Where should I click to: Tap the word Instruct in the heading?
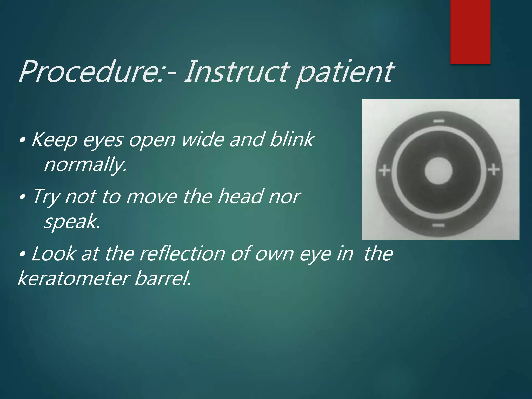click(236, 71)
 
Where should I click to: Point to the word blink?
click(292, 139)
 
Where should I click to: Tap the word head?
click(240, 196)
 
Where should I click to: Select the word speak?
click(72, 222)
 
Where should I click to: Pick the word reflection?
click(182, 254)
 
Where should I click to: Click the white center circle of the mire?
click(438, 171)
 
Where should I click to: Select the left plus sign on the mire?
click(384, 171)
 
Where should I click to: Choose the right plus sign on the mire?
click(494, 170)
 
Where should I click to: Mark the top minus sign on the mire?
click(439, 121)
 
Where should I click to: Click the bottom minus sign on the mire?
click(438, 225)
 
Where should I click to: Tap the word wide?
click(203, 139)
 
